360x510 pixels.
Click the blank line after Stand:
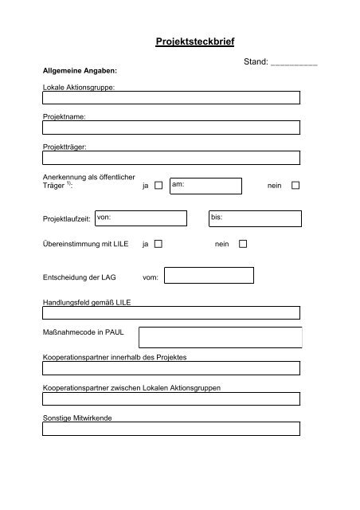(295, 61)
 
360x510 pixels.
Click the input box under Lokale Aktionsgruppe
(171, 98)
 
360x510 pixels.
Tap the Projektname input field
(171, 127)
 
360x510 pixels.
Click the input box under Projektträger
(171, 156)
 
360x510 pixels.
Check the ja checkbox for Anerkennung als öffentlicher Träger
(158, 186)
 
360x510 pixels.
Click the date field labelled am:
(205, 186)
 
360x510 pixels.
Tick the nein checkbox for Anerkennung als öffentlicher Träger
(295, 186)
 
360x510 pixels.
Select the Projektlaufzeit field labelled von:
(140, 218)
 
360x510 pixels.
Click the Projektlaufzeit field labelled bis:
(254, 218)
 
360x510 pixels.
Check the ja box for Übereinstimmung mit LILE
(158, 244)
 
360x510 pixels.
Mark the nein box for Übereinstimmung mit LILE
(243, 244)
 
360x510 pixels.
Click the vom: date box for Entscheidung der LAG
(209, 276)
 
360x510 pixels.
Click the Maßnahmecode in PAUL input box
(221, 337)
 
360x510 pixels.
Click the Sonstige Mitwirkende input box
(171, 428)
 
